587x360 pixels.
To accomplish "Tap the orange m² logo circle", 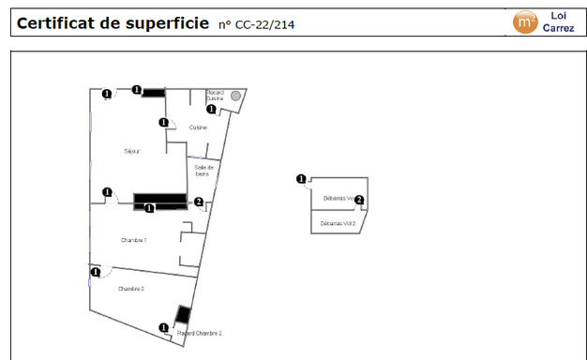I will [525, 22].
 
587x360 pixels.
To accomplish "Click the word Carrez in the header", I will [559, 28].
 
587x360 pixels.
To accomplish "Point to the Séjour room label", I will [132, 151].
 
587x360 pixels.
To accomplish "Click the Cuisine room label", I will [198, 127].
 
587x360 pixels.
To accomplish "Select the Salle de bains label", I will [204, 171].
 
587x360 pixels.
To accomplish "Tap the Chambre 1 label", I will [134, 240].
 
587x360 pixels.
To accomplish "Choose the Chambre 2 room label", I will [131, 289].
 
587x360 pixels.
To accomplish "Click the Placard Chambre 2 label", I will [199, 333].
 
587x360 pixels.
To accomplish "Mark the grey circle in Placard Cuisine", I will [236, 96].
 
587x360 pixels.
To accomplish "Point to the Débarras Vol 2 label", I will [338, 224].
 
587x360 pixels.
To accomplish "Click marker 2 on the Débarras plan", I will [359, 200].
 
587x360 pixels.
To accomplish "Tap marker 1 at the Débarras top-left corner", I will [301, 179].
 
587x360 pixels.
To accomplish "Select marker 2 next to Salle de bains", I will [198, 202].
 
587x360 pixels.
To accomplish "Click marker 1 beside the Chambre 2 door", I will [96, 273].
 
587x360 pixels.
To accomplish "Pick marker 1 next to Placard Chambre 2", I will [165, 328].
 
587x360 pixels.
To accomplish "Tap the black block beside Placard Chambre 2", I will [184, 316].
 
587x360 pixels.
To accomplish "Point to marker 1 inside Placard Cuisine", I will [211, 109].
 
